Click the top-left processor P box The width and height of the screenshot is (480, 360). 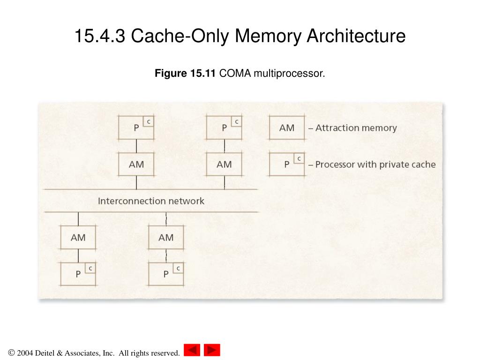tap(136, 127)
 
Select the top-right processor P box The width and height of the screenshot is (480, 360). tap(224, 127)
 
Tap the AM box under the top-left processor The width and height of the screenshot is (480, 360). tap(136, 164)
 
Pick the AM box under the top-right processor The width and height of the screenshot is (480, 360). tap(224, 164)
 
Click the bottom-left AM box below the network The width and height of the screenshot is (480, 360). tap(78, 237)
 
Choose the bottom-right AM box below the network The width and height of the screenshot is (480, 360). tap(166, 237)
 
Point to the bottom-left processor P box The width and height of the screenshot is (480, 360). tap(78, 274)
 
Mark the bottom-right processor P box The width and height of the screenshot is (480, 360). tap(166, 274)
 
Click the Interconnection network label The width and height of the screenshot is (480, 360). tap(151, 201)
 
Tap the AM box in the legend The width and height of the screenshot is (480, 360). tap(286, 127)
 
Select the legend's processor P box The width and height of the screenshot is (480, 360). tap(286, 164)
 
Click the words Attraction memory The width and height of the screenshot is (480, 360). tap(356, 127)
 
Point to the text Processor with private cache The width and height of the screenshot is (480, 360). tap(375, 165)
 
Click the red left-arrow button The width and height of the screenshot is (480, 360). tap(192, 350)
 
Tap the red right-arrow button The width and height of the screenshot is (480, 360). tap(212, 350)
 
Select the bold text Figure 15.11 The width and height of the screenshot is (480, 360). tap(185, 73)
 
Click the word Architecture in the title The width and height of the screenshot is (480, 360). tap(356, 36)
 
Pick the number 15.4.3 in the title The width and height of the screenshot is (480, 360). tap(100, 36)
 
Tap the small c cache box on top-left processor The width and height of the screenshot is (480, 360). tap(149, 121)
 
